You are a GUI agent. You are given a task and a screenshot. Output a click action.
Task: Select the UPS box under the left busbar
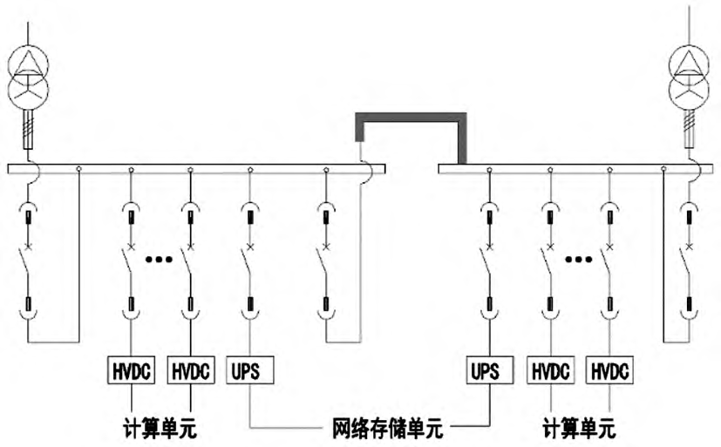pyautogui.click(x=250, y=370)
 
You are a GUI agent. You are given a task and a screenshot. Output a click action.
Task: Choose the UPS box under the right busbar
pyautogui.click(x=489, y=370)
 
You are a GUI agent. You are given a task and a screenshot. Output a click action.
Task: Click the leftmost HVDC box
pyautogui.click(x=131, y=370)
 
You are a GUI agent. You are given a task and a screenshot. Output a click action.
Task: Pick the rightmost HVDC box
pyautogui.click(x=609, y=370)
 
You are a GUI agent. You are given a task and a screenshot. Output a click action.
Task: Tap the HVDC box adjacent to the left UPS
pyautogui.click(x=190, y=370)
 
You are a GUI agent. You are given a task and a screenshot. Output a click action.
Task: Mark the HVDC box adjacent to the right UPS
pyautogui.click(x=549, y=370)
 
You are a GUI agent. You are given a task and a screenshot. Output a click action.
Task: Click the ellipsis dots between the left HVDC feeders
pyautogui.click(x=160, y=259)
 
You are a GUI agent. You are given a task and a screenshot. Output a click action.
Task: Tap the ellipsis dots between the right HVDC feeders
pyautogui.click(x=578, y=259)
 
